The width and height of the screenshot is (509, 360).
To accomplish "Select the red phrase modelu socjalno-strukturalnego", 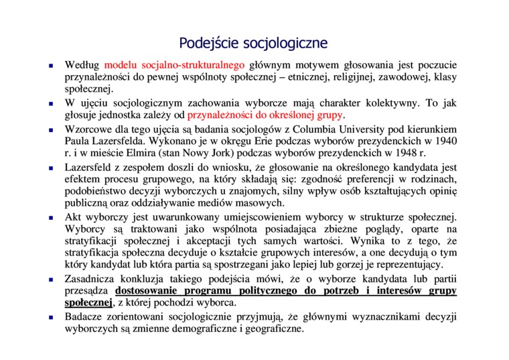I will pos(175,66).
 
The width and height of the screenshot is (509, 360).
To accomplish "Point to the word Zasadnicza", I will pos(92,278).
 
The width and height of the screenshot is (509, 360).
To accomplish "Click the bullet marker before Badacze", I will pos(52,317).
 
